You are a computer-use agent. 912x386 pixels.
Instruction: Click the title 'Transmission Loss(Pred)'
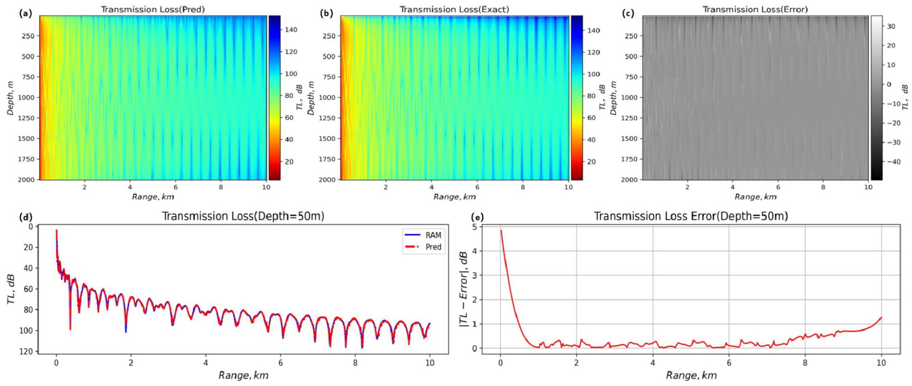point(153,9)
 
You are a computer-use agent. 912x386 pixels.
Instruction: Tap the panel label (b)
point(326,14)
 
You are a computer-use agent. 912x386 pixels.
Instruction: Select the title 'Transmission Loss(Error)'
point(755,9)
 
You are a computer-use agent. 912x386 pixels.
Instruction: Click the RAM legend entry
point(433,235)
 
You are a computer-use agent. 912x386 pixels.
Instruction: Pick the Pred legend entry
point(433,247)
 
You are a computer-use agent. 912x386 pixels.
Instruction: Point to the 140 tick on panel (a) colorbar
point(291,30)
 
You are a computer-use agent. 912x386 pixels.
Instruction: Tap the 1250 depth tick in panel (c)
point(631,118)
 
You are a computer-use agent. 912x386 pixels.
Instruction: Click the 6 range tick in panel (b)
point(477,187)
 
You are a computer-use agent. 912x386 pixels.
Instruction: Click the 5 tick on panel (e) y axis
point(474,227)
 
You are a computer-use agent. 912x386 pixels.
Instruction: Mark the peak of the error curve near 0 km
point(501,231)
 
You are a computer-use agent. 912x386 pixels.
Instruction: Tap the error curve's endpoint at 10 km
point(881,317)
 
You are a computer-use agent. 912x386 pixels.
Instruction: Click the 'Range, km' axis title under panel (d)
point(243,375)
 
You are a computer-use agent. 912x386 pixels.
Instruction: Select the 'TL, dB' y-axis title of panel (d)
point(11,289)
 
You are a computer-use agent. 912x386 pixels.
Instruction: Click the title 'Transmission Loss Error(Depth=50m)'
point(691,216)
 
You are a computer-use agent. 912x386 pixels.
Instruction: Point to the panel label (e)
point(478,217)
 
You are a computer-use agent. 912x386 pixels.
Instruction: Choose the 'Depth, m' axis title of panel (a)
point(10,98)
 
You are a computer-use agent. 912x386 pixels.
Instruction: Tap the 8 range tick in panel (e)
point(805,363)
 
